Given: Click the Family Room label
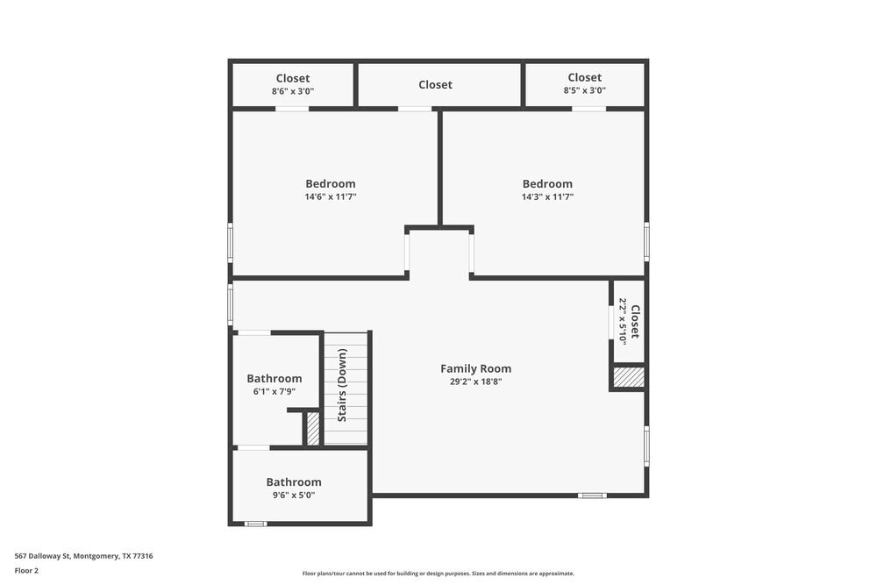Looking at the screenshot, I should click(x=475, y=368).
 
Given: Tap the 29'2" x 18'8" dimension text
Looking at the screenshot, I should click(x=475, y=382).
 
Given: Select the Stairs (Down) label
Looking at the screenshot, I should click(x=342, y=385).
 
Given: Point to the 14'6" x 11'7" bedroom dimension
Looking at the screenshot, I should click(x=331, y=197).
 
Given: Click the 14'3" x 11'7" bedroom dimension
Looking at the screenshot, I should click(x=547, y=197).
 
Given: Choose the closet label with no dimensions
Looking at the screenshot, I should click(x=435, y=84).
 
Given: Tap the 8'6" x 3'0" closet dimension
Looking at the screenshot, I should click(x=293, y=90).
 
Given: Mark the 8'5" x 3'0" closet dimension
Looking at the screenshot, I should click(x=584, y=90).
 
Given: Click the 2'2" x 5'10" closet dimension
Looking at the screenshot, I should click(x=623, y=321).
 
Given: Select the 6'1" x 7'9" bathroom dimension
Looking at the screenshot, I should click(x=275, y=391).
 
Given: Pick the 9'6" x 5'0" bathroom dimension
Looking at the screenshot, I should click(x=294, y=495).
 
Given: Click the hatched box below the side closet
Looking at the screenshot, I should click(x=629, y=377).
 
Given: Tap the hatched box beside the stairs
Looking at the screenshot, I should click(x=312, y=429).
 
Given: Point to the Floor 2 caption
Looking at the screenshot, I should click(x=26, y=570).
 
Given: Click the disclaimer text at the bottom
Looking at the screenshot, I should click(x=438, y=574).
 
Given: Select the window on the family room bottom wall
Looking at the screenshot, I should click(x=592, y=496).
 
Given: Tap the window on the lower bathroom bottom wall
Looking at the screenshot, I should click(x=255, y=524).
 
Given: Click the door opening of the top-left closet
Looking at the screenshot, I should click(x=292, y=109).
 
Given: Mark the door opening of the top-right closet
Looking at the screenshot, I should click(x=589, y=109).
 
